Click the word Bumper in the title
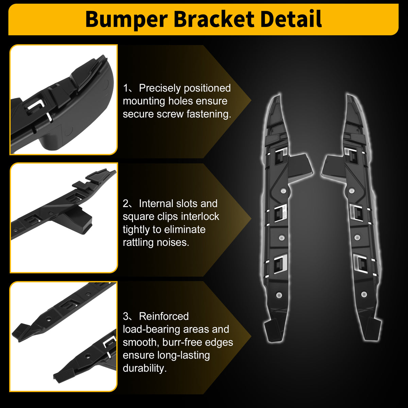coord(126,19)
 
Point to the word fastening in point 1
coord(209,114)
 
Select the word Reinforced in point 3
coord(164,316)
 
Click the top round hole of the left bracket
coord(283,191)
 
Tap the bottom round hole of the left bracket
coord(279,295)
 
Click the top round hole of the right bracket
coord(352,191)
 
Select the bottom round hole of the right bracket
coord(364,294)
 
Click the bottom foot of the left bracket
coord(273,331)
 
